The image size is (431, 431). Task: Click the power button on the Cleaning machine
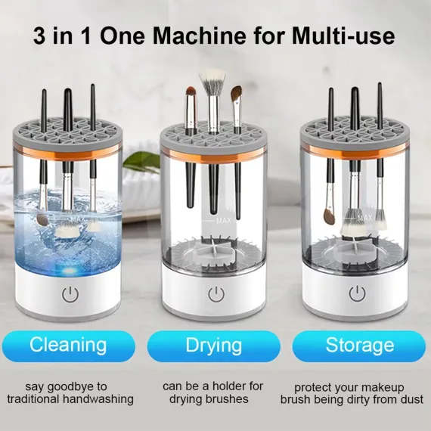(x=70, y=294)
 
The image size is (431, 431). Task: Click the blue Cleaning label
(x=69, y=346)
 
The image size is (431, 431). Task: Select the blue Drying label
(x=214, y=346)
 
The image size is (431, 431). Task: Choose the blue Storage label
(x=359, y=346)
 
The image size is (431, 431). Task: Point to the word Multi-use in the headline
(x=343, y=36)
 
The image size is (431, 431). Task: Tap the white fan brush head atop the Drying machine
(x=212, y=79)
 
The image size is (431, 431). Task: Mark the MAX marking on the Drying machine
(x=224, y=221)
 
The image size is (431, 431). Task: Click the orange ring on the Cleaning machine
(x=67, y=154)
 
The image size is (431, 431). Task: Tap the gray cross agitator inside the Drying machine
(x=212, y=249)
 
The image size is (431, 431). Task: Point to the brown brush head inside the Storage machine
(x=329, y=215)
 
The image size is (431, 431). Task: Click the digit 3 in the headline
(x=39, y=36)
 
